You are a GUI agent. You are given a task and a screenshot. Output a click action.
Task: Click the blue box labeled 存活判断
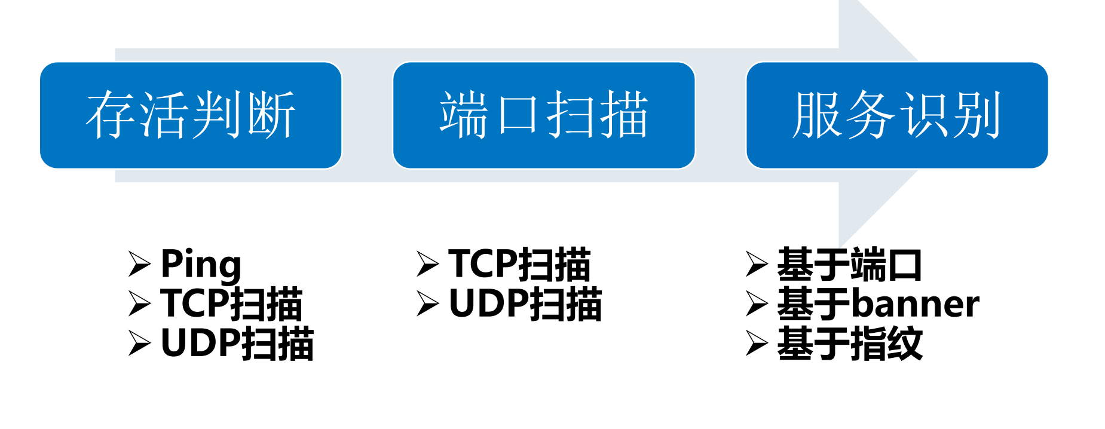coord(191,115)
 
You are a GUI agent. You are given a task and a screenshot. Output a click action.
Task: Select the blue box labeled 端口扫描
coord(544,115)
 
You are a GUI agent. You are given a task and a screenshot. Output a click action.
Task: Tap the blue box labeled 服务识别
coord(897,115)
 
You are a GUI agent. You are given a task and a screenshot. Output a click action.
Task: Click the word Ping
coord(201,265)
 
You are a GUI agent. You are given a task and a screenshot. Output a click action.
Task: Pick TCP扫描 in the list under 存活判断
coord(231,304)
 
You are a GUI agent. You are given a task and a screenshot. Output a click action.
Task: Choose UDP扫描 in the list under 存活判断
coord(237,344)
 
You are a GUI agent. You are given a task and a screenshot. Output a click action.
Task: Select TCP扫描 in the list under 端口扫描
coord(519,265)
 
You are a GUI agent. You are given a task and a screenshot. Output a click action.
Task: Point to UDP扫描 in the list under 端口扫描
coord(525,304)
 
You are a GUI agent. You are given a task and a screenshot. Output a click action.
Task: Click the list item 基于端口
coord(849,265)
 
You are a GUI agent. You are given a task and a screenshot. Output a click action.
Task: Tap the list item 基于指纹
coord(849,344)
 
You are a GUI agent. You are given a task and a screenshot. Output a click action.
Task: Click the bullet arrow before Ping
coord(140,264)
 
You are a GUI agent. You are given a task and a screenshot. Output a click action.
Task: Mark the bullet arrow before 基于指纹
coord(757,343)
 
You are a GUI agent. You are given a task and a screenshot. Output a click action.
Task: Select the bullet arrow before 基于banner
coord(757,304)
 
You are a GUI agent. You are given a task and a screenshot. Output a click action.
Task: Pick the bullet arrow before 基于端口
coord(757,264)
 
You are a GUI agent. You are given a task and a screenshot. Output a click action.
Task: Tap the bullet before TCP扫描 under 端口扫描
coord(428,264)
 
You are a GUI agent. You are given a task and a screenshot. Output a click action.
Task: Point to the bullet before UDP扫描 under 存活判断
coord(140,343)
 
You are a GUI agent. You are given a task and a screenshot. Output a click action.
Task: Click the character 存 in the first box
coord(111,115)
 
